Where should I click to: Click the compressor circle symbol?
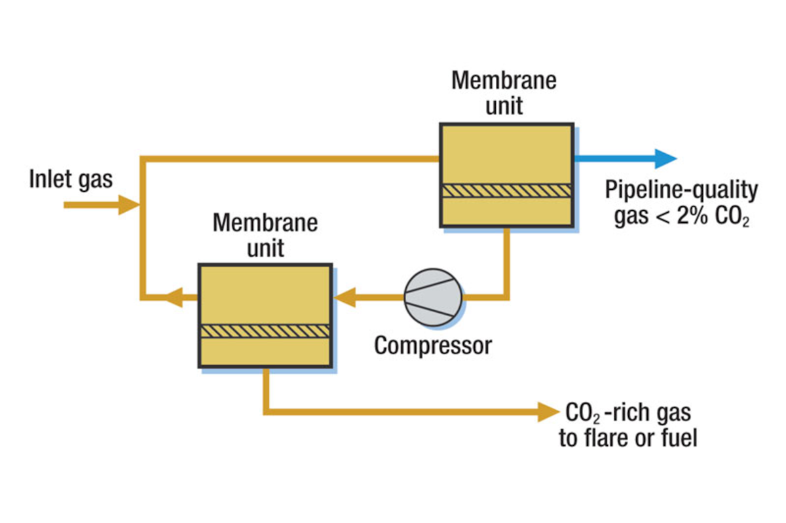click(x=433, y=297)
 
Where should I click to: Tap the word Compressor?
click(x=432, y=345)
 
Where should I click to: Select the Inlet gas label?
click(x=71, y=179)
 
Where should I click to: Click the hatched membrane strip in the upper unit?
click(x=506, y=190)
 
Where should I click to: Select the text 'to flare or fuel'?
click(x=627, y=438)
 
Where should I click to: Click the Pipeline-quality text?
click(x=681, y=191)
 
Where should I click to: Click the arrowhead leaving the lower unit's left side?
click(x=172, y=298)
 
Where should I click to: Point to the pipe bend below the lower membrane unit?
click(x=267, y=411)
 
